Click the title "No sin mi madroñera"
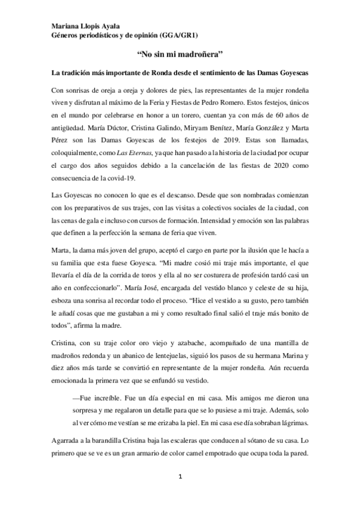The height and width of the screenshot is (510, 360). pyautogui.click(x=180, y=54)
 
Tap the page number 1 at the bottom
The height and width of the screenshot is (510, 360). pyautogui.click(x=179, y=477)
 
